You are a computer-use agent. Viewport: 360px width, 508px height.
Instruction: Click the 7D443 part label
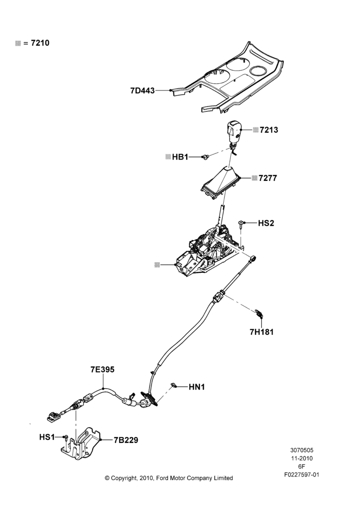click(x=142, y=91)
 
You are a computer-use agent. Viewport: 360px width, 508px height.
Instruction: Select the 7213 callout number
click(x=269, y=130)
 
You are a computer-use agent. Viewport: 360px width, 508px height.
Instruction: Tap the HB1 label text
click(x=180, y=157)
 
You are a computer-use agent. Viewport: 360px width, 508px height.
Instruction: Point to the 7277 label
click(x=268, y=178)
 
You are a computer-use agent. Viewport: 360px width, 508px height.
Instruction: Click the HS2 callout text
click(x=266, y=223)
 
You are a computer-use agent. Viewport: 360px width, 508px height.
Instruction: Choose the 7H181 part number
click(x=261, y=332)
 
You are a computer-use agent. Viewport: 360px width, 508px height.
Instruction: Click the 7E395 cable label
click(x=103, y=369)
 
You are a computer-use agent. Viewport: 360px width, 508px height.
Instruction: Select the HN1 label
click(x=197, y=387)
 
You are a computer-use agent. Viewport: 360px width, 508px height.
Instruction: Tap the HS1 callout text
click(x=47, y=437)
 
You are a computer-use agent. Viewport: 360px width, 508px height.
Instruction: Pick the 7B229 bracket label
click(x=126, y=440)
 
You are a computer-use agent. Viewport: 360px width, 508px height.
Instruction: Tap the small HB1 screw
click(x=205, y=157)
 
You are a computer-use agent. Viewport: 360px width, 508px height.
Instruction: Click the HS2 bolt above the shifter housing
click(x=242, y=224)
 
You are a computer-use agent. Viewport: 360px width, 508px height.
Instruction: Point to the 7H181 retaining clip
click(x=259, y=312)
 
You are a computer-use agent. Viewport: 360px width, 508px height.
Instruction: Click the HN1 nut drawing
click(x=173, y=385)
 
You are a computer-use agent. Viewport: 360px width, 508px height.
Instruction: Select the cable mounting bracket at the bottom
click(x=81, y=444)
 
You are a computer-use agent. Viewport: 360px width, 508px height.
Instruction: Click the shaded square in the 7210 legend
click(x=18, y=43)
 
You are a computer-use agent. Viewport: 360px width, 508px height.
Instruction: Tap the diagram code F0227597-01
click(x=302, y=474)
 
